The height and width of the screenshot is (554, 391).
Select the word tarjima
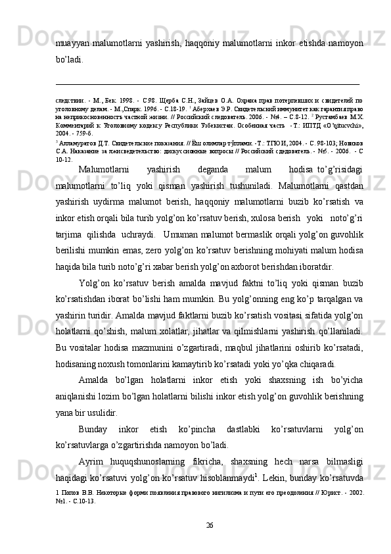[x=69, y=234]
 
